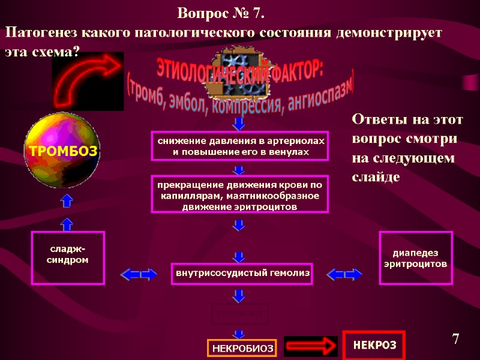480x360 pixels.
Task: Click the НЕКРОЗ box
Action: [374, 345]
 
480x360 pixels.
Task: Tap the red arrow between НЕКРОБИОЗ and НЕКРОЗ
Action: [308, 346]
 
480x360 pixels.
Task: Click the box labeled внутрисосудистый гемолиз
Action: [242, 273]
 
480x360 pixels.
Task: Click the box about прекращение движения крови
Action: [240, 194]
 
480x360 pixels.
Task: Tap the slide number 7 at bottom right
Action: [455, 340]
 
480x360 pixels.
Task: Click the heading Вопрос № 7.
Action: [222, 13]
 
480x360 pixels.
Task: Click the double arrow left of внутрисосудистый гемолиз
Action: [139, 275]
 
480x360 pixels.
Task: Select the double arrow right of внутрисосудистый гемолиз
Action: [345, 275]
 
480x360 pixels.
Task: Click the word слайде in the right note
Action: [375, 178]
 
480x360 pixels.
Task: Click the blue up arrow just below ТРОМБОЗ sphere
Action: [67, 201]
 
